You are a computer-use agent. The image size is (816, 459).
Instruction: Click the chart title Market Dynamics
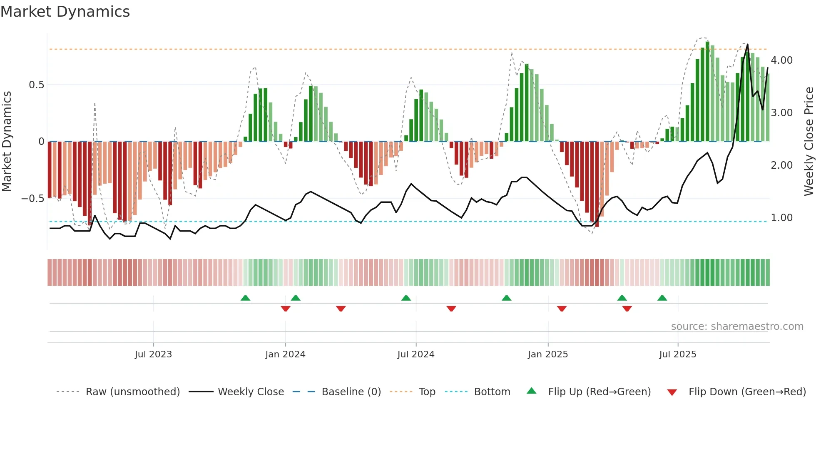[x=65, y=12]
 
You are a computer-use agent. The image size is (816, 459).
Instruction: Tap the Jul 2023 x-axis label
[x=153, y=354]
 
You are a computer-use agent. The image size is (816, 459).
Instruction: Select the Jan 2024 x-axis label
[x=285, y=354]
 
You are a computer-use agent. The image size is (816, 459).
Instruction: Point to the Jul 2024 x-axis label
[x=416, y=354]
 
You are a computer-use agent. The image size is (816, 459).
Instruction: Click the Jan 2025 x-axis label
[x=547, y=354]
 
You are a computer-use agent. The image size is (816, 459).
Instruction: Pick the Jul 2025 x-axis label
[x=677, y=354]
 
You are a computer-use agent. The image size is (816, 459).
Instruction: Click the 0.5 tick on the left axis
[x=36, y=85]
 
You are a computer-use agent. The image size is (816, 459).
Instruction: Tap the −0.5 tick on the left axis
[x=33, y=199]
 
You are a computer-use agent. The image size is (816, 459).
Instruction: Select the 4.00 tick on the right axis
[x=781, y=60]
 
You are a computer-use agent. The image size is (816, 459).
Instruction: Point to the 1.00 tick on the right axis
[x=781, y=218]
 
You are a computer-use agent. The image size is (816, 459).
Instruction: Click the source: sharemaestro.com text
[x=737, y=327]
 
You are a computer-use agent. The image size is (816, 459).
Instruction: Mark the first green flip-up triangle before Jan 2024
[x=245, y=298]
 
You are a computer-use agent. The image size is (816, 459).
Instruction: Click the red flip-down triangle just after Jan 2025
[x=562, y=309]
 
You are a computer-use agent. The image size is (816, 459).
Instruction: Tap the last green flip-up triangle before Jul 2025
[x=662, y=298]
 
